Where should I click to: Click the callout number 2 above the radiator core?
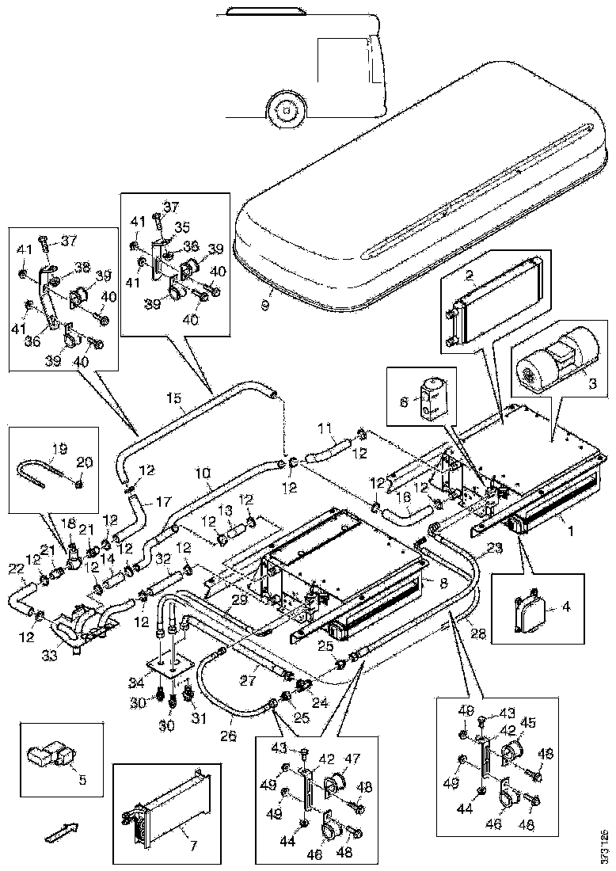470,276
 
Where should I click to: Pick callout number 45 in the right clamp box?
527,722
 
